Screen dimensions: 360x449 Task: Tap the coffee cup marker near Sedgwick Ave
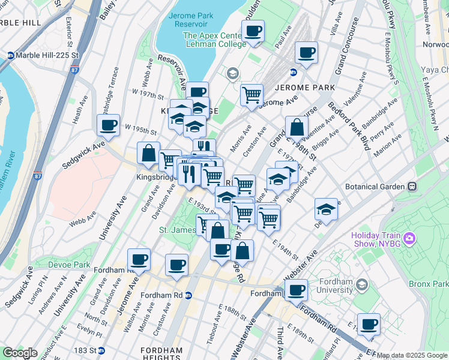108,125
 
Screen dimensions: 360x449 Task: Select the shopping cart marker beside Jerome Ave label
252,94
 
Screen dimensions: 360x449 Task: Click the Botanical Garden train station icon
411,187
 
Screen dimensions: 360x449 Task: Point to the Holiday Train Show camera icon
410,239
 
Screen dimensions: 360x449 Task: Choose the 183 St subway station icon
101,350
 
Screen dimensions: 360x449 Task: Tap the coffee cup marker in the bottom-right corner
369,324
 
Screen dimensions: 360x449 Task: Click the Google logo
20,353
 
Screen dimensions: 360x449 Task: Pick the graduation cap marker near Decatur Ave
326,209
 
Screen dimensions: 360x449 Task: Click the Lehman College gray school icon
232,74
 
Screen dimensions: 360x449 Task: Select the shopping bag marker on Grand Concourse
297,127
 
